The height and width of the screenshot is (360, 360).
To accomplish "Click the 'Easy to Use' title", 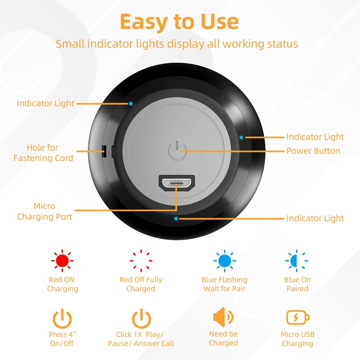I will (179, 22).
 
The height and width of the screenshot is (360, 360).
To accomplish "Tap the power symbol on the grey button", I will (176, 151).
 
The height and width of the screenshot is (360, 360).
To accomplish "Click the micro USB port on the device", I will (176, 183).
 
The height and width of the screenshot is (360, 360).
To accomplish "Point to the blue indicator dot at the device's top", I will (130, 103).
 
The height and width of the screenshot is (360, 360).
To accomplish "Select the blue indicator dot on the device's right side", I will (242, 137).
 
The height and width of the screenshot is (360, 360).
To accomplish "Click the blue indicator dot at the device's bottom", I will (176, 219).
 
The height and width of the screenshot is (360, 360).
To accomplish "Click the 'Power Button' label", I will (313, 151).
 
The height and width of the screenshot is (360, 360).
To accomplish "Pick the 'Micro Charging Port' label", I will (45, 211).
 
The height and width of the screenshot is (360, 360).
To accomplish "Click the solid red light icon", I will (62, 260).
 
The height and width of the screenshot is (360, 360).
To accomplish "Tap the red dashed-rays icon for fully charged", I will (140, 260).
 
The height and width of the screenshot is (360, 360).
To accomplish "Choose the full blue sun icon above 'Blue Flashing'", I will (224, 260).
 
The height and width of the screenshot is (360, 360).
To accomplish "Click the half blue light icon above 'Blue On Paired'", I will (297, 260).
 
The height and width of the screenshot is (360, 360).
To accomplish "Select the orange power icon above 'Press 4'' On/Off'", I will (62, 319).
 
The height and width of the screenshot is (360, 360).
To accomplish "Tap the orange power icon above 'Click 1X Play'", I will (141, 319).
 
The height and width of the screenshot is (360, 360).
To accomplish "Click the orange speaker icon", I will (223, 318).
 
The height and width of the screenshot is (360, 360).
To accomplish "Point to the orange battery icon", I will (298, 318).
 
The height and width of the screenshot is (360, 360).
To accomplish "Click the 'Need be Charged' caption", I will (223, 338).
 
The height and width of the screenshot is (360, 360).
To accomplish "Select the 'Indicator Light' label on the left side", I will (45, 103).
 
